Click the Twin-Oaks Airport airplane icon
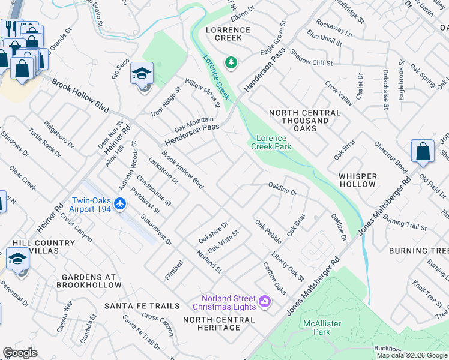coord(120,204)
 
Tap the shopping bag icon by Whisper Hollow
coord(423,151)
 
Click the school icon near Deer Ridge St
coord(143,74)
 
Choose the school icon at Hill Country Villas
coord(17,259)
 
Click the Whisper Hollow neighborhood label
coord(357,181)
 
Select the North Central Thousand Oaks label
coord(299,121)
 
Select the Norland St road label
coord(209,260)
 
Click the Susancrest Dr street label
coord(157,230)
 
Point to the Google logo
coord(20,353)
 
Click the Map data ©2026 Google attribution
coord(412,355)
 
